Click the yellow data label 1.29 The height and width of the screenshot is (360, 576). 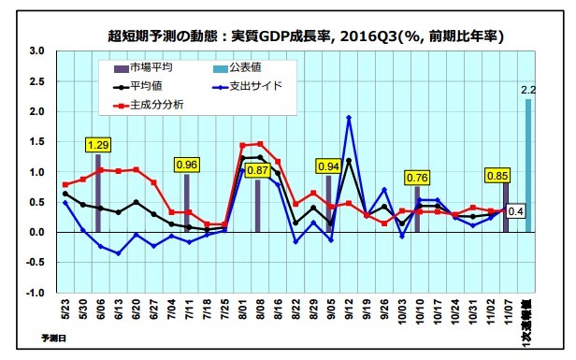pos(98,145)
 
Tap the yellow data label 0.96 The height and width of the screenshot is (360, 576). pos(187,165)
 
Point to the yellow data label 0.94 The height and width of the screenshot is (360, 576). pos(328,166)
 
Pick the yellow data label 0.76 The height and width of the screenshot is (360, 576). pos(417,178)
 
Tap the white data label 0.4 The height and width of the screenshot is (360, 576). pos(515,210)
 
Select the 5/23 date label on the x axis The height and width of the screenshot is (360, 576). pos(65,310)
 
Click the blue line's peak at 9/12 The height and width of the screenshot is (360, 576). pos(349,118)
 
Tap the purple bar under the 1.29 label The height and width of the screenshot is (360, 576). pos(98,194)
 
